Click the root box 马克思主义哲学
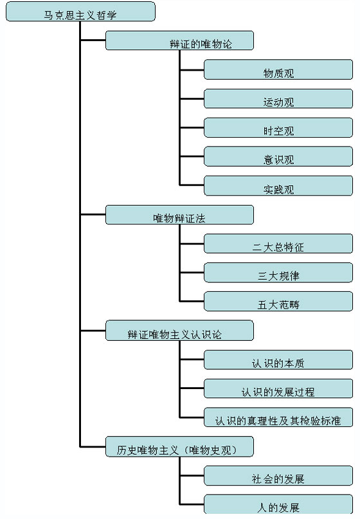coord(80,12)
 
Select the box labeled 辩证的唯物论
coord(179,41)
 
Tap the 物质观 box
coord(278,69)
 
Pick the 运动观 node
coord(278,98)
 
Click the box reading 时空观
coord(278,127)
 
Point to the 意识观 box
coord(278,156)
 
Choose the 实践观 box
coord(278,186)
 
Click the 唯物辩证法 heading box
coord(179,215)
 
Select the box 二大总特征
coord(278,244)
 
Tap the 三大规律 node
coord(278,273)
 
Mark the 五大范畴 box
coord(278,302)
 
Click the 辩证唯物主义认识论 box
coord(179,331)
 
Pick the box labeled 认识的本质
coord(278,360)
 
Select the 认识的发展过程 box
coord(278,388)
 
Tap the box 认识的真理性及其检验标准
coord(278,417)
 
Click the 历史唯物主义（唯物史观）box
coord(179,447)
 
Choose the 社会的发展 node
coord(278,476)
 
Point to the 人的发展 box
coord(278,504)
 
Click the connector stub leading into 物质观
coord(192,70)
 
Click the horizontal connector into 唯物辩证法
coord(93,215)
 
